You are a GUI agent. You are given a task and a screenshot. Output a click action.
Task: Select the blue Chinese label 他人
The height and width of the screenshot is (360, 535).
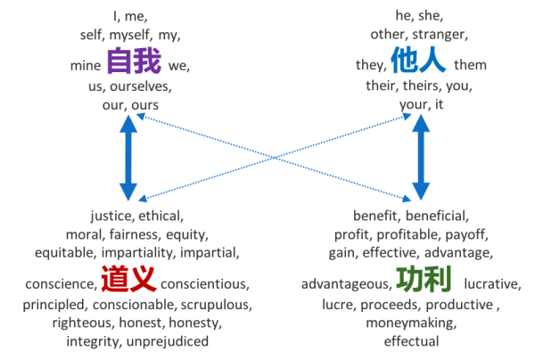pos(417,62)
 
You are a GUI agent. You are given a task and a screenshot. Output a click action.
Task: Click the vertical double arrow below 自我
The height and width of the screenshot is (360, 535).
pos(129,160)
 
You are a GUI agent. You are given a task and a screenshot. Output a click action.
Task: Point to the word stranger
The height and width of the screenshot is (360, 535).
pos(444,35)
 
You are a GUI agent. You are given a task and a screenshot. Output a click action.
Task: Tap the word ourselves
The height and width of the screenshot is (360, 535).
pos(140,87)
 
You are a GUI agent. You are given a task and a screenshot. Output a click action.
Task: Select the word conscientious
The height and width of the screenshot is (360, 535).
pos(206,285)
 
